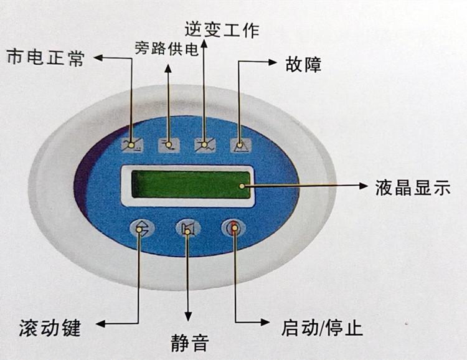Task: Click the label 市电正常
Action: coord(44,59)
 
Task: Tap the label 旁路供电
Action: coord(167,49)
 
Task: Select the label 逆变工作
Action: coord(222,29)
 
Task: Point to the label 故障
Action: coord(303,64)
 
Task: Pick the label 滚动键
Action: coord(50,326)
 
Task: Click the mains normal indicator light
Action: coord(131,145)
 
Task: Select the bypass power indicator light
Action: coord(168,145)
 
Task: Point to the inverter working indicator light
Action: coord(205,145)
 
